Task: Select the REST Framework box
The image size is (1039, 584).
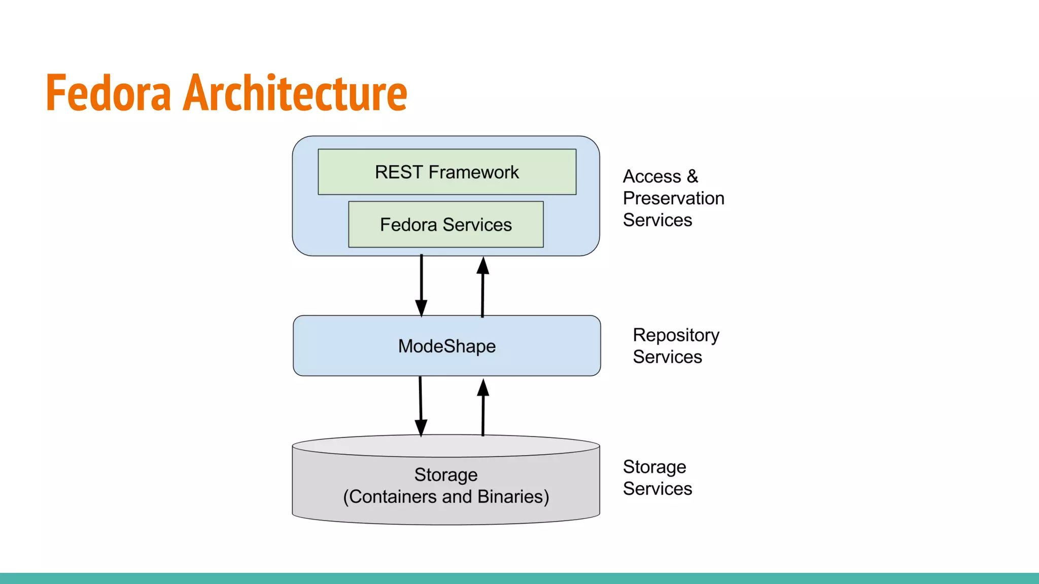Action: pos(446,172)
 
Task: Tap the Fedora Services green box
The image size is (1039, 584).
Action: pos(445,225)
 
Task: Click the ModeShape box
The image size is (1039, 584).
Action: pos(446,346)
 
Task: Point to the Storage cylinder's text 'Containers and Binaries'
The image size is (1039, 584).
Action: pos(446,497)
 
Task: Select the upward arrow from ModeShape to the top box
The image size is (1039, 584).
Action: pos(482,286)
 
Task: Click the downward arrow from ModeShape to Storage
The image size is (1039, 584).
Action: pos(421,406)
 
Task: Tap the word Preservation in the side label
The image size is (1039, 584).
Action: pos(673,198)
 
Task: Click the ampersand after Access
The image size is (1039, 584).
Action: pos(692,176)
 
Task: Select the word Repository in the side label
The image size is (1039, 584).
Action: pos(676,335)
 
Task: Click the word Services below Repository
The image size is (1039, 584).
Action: pos(667,357)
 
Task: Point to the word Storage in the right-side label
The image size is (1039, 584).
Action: pos(654,467)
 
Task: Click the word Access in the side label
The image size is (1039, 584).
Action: pos(651,176)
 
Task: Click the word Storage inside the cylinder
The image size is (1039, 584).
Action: pos(445,474)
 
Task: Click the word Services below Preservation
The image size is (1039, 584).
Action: pos(657,220)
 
